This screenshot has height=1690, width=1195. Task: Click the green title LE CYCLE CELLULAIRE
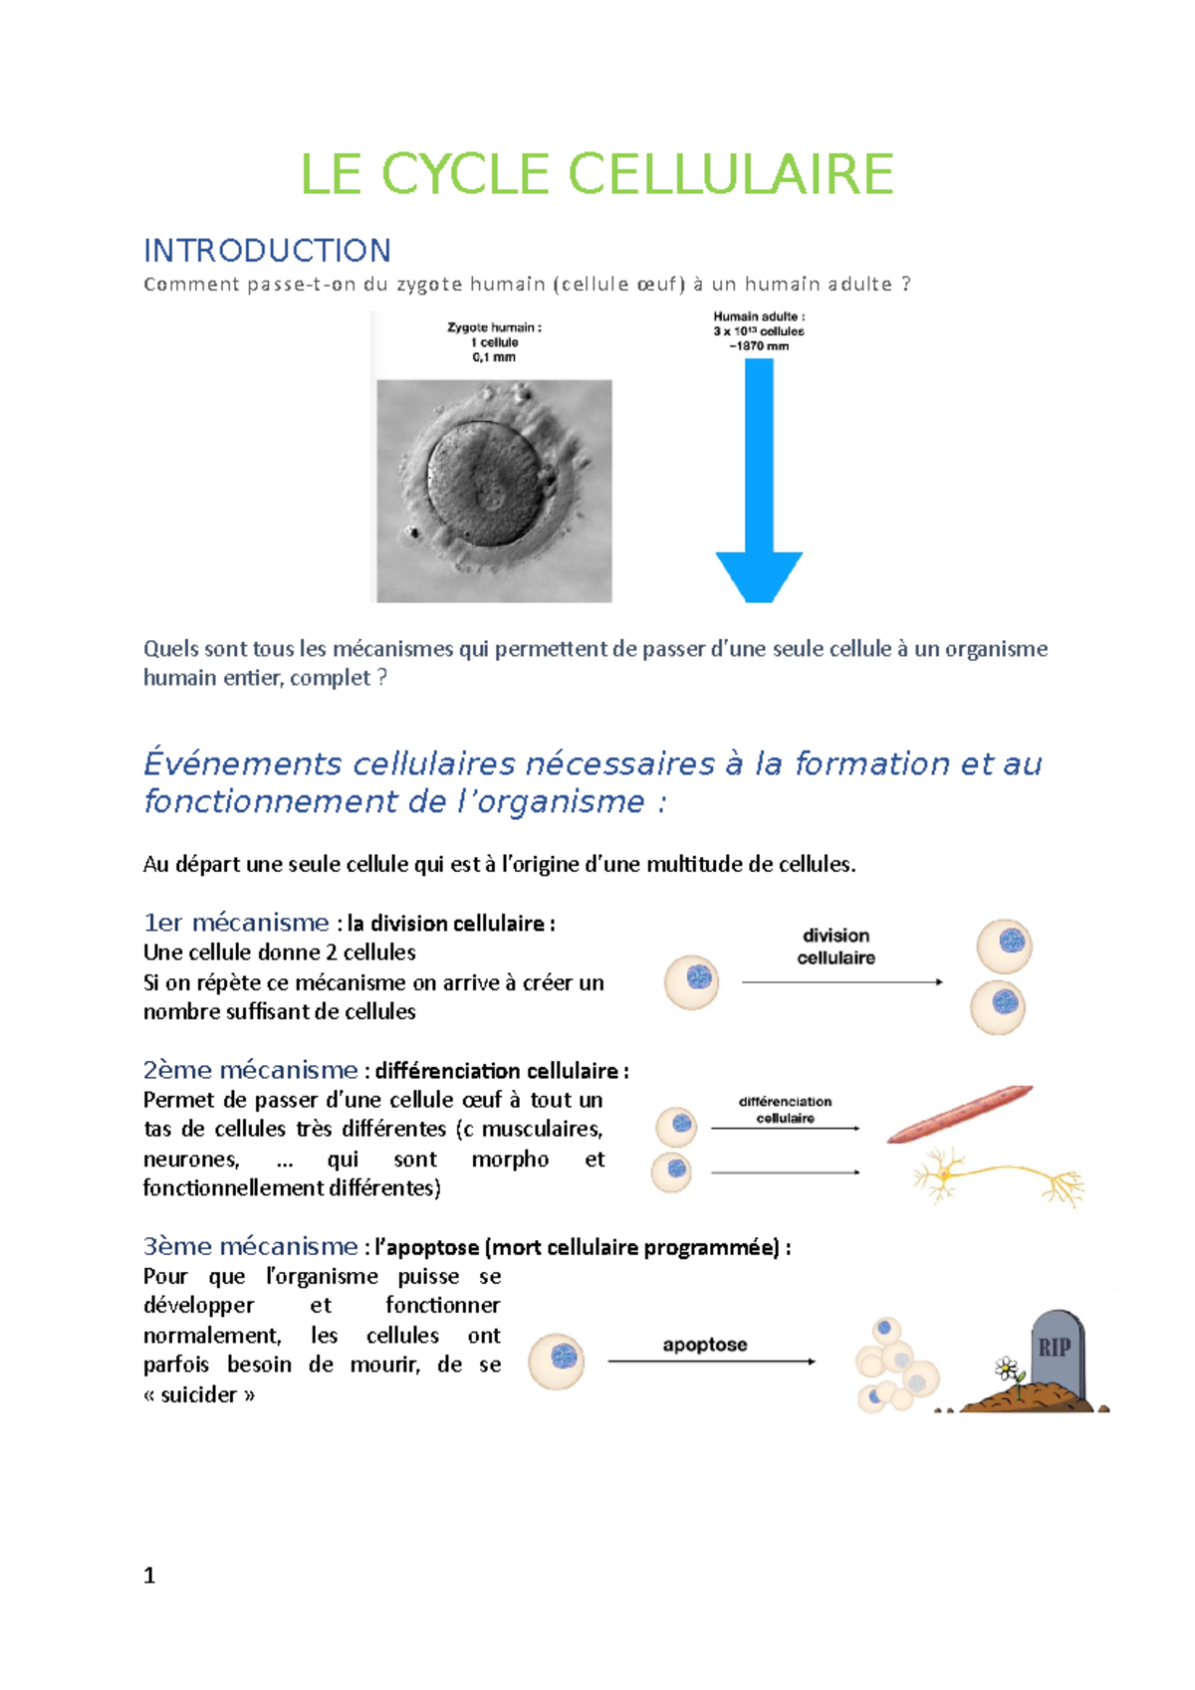coord(597,175)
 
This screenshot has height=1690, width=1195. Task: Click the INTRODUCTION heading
coord(267,250)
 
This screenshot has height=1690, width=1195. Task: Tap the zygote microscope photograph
coord(494,490)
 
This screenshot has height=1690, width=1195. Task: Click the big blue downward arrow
coord(759,478)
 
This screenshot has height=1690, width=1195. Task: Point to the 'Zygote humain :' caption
coord(494,327)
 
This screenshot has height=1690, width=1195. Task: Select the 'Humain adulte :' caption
coord(759,317)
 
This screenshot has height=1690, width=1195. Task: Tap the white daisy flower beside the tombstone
coord(1007,1370)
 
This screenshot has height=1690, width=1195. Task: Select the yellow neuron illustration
coord(996,1178)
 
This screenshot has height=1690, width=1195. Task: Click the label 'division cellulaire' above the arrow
coord(836,947)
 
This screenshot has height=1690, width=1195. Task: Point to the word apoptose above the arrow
coord(705,1345)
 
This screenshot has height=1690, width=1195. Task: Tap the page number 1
coord(149,1576)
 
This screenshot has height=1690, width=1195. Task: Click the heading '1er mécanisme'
coord(236,923)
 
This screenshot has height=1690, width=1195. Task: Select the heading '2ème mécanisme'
coord(250,1070)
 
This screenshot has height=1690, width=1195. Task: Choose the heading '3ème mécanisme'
coord(250,1246)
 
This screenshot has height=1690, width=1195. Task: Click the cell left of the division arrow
coord(692,981)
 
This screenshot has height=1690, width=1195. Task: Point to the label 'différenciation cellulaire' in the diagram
coord(785,1110)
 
